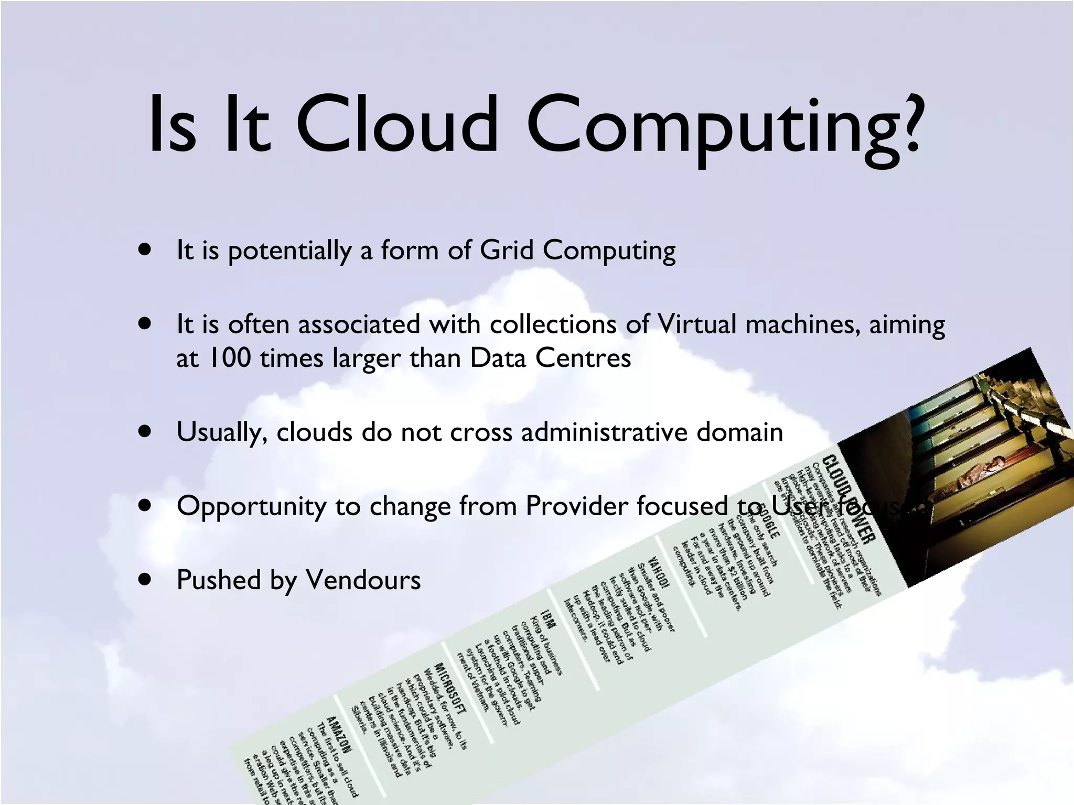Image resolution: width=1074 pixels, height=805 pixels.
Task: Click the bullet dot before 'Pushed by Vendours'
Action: pyautogui.click(x=145, y=580)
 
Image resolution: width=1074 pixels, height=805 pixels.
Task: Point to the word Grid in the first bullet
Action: pyautogui.click(x=507, y=250)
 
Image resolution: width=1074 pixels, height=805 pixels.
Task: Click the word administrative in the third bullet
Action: pyautogui.click(x=604, y=432)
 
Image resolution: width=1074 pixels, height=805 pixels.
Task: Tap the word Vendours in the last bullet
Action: pyautogui.click(x=363, y=580)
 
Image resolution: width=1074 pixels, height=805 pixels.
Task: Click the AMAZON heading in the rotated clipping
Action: pyautogui.click(x=339, y=733)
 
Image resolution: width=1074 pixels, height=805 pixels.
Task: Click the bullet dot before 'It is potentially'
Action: pyautogui.click(x=145, y=249)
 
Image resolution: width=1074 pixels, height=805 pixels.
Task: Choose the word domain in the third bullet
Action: pyautogui.click(x=739, y=432)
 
